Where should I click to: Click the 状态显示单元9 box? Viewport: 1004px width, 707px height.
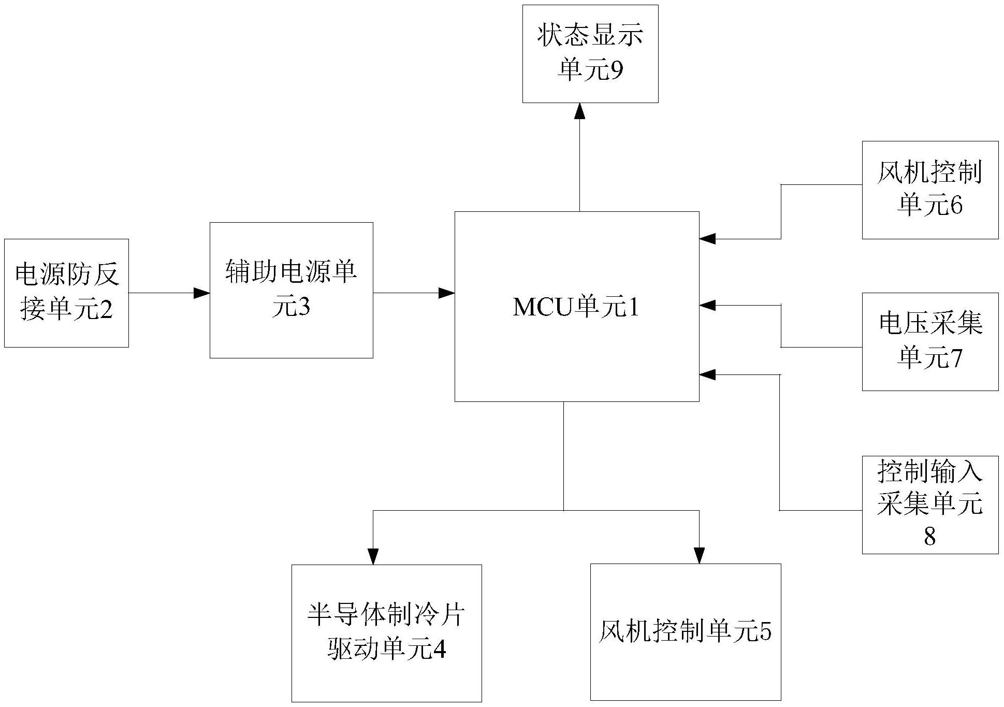(x=590, y=54)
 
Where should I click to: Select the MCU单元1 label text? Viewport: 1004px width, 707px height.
(x=576, y=307)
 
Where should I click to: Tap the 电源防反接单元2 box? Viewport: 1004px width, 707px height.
(x=66, y=293)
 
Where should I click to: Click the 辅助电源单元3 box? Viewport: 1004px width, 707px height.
(x=291, y=290)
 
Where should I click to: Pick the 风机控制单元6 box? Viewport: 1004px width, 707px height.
(x=929, y=190)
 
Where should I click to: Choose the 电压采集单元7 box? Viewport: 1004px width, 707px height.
(x=929, y=341)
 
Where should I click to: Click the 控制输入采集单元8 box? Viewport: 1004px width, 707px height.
(x=929, y=504)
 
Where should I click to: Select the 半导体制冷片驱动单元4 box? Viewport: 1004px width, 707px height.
(x=386, y=633)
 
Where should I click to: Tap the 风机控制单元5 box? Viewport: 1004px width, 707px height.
(x=685, y=632)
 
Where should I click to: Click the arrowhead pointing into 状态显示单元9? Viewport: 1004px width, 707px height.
(x=579, y=111)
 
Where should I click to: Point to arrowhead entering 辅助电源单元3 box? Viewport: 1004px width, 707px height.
(x=202, y=293)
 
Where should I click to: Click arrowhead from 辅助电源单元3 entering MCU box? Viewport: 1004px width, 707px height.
(x=447, y=293)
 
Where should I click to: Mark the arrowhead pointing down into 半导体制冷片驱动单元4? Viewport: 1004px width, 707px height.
(x=373, y=556)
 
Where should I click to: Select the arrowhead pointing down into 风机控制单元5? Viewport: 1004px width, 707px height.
(x=699, y=555)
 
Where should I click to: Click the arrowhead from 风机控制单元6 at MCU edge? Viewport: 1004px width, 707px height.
(x=708, y=239)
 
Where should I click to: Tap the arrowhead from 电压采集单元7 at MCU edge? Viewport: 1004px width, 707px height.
(x=708, y=305)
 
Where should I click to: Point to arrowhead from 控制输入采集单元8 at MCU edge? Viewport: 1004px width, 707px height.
(x=708, y=374)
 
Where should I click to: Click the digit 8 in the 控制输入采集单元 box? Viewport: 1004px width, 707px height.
(x=929, y=537)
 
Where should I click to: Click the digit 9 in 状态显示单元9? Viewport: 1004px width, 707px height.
(x=616, y=71)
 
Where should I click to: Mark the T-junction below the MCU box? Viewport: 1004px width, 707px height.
(x=563, y=510)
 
